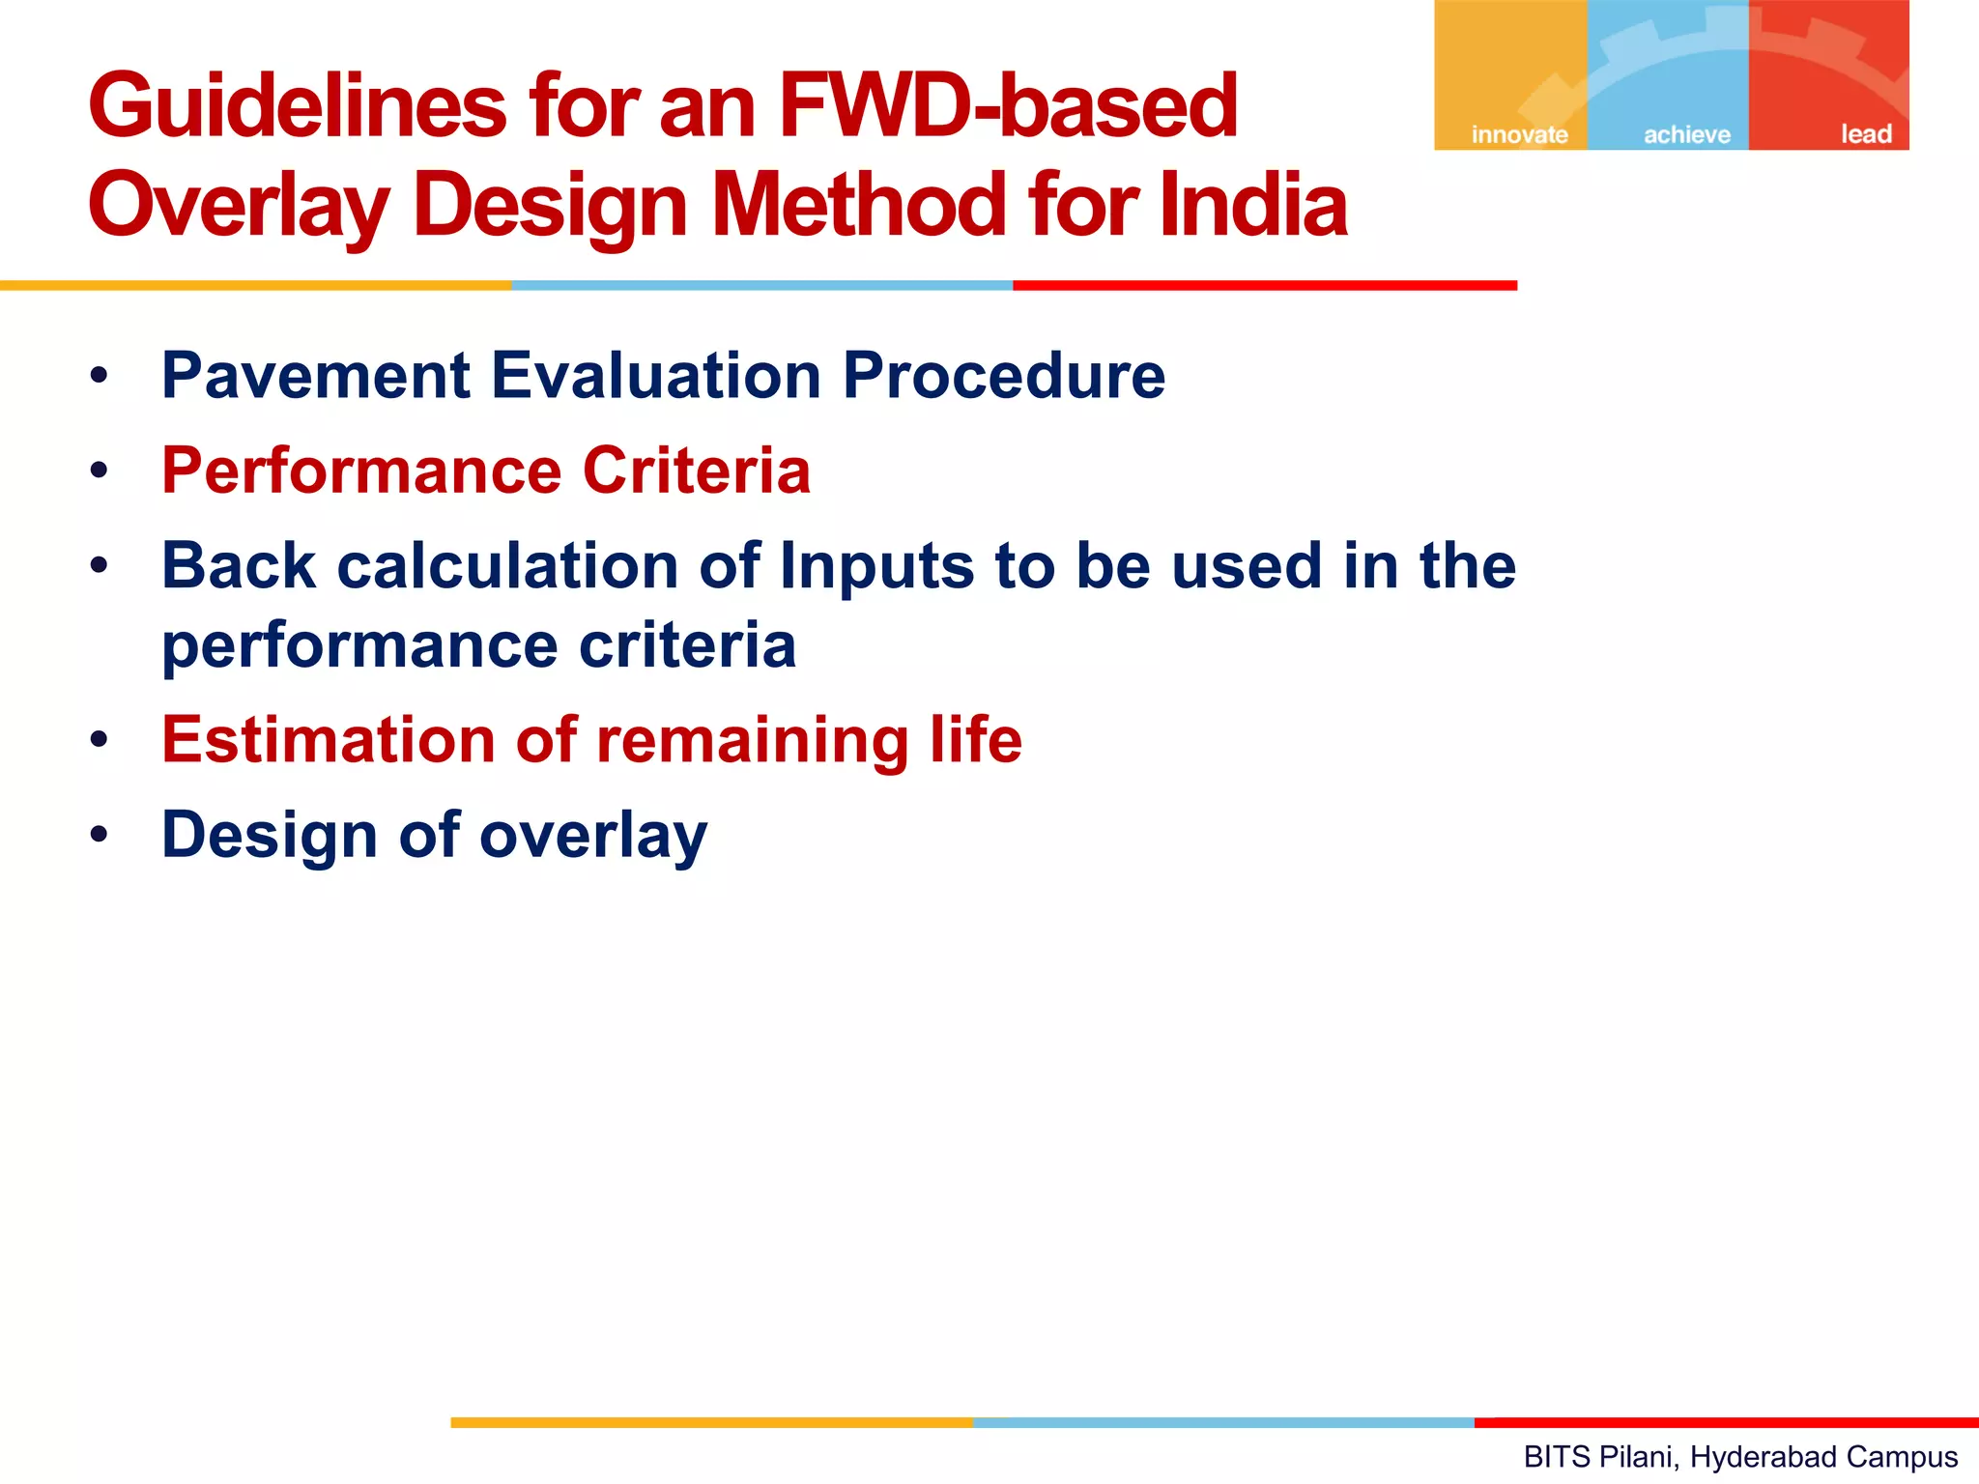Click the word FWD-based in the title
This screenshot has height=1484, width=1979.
1007,106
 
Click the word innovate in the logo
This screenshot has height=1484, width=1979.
1519,134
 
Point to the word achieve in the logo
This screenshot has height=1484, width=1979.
1687,134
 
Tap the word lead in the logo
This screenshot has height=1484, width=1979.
1865,134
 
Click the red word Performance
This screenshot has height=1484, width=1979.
361,471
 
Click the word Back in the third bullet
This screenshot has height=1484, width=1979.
239,566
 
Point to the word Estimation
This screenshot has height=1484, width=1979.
329,740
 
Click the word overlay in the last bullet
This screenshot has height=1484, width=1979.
593,836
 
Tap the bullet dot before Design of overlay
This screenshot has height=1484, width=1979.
99,835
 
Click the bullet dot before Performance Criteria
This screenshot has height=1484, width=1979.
99,471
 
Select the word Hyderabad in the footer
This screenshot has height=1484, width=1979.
1756,1456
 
